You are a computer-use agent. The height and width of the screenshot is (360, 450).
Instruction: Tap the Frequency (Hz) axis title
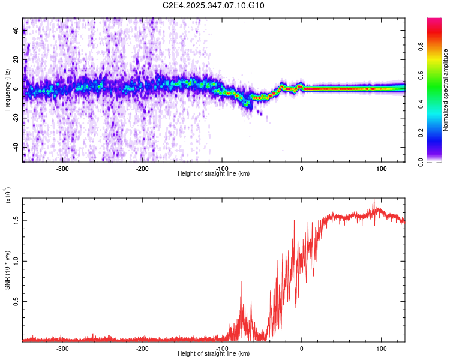tap(7, 90)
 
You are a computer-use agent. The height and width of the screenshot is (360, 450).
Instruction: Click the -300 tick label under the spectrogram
tap(62, 169)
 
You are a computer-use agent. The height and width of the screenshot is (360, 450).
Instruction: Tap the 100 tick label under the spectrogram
tap(381, 169)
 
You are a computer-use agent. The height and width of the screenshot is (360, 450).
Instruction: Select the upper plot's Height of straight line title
tap(214, 174)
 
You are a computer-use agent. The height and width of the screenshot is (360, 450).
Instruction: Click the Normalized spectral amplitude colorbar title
tap(446, 90)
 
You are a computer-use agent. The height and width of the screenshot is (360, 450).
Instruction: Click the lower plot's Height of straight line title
tap(214, 354)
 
